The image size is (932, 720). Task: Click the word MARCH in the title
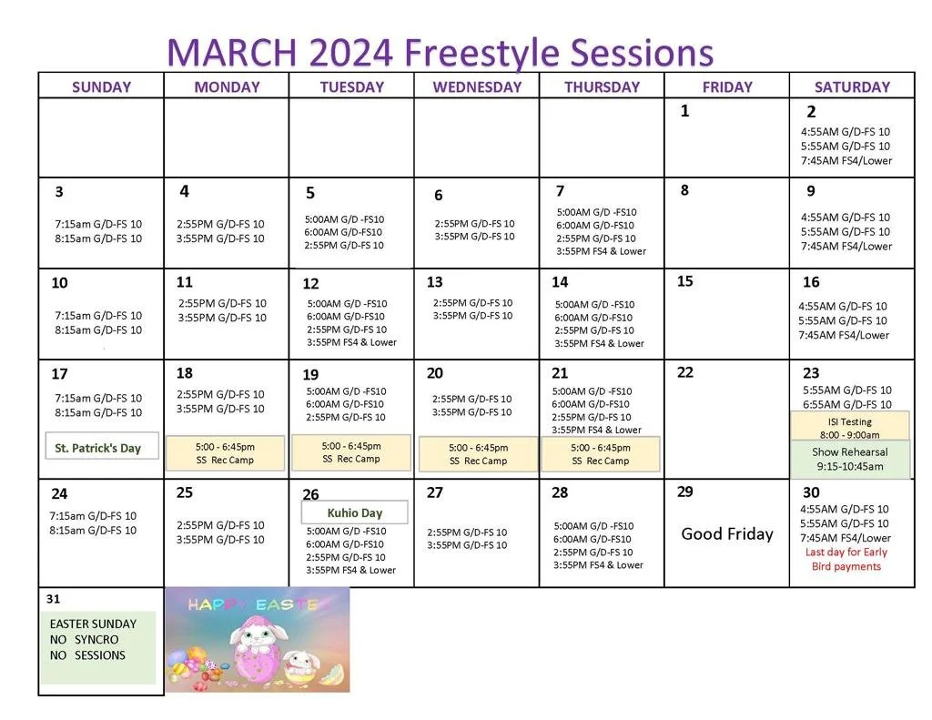pyautogui.click(x=231, y=52)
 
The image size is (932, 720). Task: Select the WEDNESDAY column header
pyautogui.click(x=477, y=87)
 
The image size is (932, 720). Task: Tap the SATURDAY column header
pyautogui.click(x=852, y=87)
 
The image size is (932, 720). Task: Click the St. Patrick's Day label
pyautogui.click(x=98, y=448)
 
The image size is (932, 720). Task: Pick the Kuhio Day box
pyautogui.click(x=355, y=512)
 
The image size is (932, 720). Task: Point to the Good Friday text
pyautogui.click(x=727, y=534)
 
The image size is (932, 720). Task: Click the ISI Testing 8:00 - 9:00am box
pyautogui.click(x=849, y=428)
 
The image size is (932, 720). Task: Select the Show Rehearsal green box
pyautogui.click(x=849, y=460)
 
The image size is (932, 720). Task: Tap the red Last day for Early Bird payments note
pyautogui.click(x=846, y=559)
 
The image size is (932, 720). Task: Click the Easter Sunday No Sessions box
pyautogui.click(x=96, y=647)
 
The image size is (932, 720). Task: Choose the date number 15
pyautogui.click(x=685, y=281)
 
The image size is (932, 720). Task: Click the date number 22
pyautogui.click(x=685, y=372)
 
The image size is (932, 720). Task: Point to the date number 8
pyautogui.click(x=684, y=190)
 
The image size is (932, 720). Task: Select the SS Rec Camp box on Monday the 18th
pyautogui.click(x=225, y=452)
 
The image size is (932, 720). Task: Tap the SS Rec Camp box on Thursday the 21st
pyautogui.click(x=601, y=453)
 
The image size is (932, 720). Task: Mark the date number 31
pyautogui.click(x=54, y=599)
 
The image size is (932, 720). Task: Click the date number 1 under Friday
pyautogui.click(x=684, y=111)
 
